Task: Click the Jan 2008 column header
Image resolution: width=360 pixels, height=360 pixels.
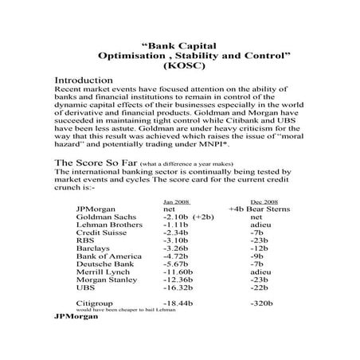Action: [x=176, y=203]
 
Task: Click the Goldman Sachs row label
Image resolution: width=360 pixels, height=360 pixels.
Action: [x=106, y=217]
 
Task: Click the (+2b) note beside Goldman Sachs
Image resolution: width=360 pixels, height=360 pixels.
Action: [x=204, y=217]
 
